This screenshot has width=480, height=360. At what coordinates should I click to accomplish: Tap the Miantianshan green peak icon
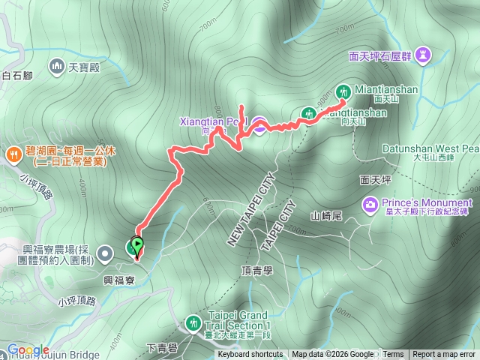[343, 88]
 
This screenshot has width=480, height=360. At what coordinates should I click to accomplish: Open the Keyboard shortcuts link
[250, 355]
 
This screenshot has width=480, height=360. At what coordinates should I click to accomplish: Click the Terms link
[393, 355]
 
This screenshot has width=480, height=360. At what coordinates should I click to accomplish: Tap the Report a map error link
[443, 355]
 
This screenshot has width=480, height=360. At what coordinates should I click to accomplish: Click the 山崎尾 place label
[326, 216]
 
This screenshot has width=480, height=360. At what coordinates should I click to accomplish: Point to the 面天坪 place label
[375, 180]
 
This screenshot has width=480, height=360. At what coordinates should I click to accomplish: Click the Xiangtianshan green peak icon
[307, 114]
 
